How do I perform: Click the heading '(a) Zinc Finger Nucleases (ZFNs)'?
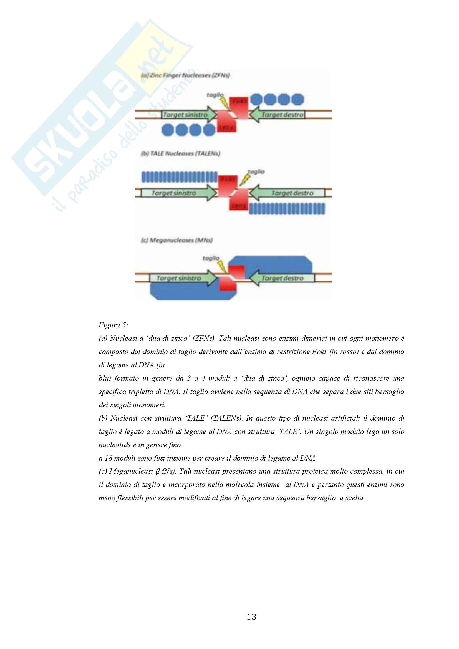[185, 75]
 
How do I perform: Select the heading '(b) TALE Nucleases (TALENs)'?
[180, 153]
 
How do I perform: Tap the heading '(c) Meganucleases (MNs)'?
[177, 240]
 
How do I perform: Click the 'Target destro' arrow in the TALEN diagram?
[288, 193]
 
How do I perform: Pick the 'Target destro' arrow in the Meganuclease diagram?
[283, 278]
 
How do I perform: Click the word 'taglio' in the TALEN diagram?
[256, 171]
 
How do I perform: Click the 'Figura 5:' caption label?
[113, 325]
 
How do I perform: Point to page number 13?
[251, 617]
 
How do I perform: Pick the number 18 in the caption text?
[109, 458]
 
